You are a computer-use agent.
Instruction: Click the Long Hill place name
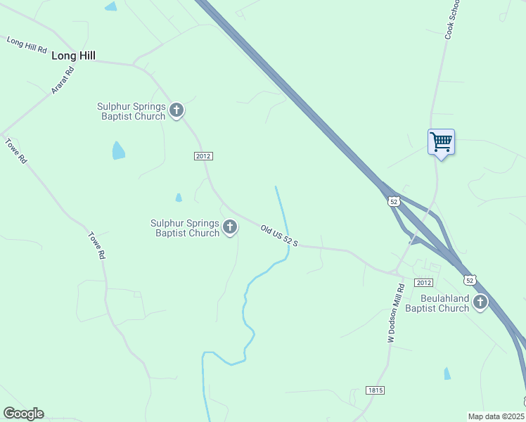click(73, 55)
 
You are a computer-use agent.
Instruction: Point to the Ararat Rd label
click(63, 80)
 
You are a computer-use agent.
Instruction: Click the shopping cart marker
click(441, 142)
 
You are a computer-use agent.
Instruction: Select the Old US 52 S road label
click(280, 236)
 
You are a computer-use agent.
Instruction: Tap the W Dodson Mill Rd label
click(397, 313)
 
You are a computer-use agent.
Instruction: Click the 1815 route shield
click(376, 390)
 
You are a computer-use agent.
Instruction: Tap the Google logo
click(23, 414)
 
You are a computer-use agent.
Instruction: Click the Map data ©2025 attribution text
click(495, 416)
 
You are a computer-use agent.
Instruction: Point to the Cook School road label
click(453, 18)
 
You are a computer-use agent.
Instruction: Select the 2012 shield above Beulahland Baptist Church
click(423, 283)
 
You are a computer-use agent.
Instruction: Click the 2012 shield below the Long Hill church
click(203, 155)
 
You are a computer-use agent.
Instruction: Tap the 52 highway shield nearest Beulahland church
click(470, 280)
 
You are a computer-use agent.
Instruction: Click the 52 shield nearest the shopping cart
click(394, 201)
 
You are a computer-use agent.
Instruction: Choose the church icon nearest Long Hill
click(177, 110)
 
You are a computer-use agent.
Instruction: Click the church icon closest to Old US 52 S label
click(230, 227)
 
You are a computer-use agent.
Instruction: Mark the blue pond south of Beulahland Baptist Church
click(447, 373)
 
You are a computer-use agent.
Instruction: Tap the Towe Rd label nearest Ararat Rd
click(16, 151)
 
